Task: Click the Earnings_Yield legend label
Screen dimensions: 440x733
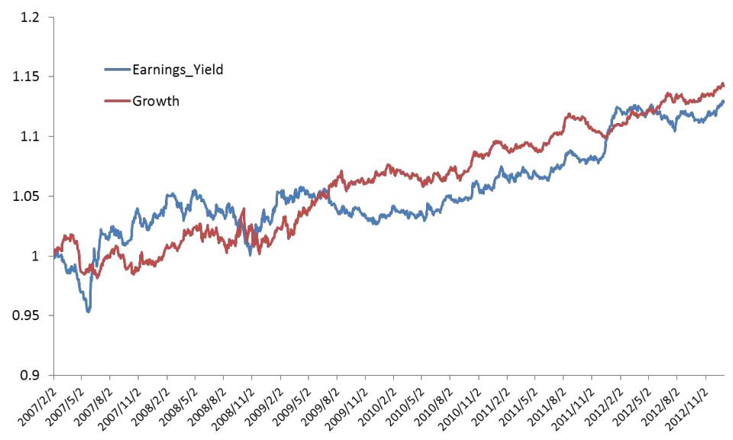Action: [178, 70]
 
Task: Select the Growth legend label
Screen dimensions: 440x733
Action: [156, 100]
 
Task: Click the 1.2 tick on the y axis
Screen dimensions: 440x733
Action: [30, 17]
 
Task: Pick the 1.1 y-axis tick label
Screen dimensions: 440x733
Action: [30, 136]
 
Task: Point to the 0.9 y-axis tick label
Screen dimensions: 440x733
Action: [30, 375]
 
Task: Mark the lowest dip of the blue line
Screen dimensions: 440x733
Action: [89, 312]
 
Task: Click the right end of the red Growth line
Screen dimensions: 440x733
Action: [724, 85]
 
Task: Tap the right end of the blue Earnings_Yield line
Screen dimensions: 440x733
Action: [724, 101]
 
